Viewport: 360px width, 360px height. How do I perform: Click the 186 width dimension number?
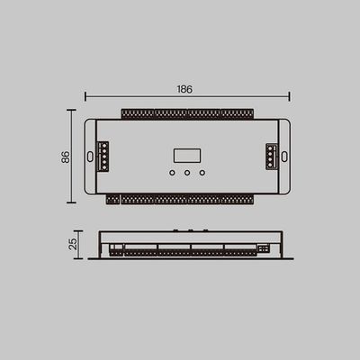coord(185,90)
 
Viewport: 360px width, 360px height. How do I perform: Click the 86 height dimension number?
coord(65,157)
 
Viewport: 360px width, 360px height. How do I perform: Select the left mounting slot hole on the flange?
coord(90,157)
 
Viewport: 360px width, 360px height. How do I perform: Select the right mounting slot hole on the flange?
coord(283,157)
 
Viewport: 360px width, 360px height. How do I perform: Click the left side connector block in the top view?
coord(103,157)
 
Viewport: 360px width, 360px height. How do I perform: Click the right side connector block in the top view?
coord(270,156)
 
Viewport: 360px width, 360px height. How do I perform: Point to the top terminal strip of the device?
coord(186,114)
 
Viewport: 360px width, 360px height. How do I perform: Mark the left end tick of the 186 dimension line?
coord(85,95)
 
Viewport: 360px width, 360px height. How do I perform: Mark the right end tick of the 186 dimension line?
coord(289,95)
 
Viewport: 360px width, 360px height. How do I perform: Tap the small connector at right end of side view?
coord(263,248)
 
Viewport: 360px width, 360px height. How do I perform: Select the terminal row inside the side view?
coord(180,253)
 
